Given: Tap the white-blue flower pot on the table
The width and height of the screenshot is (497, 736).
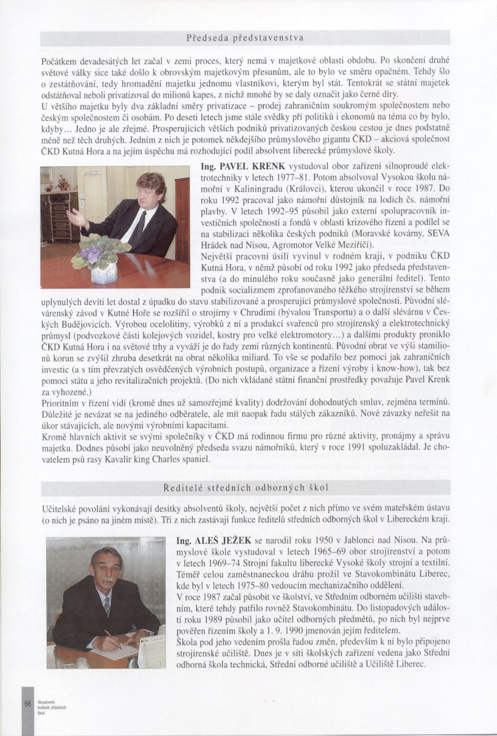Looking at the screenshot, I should (104, 272).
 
